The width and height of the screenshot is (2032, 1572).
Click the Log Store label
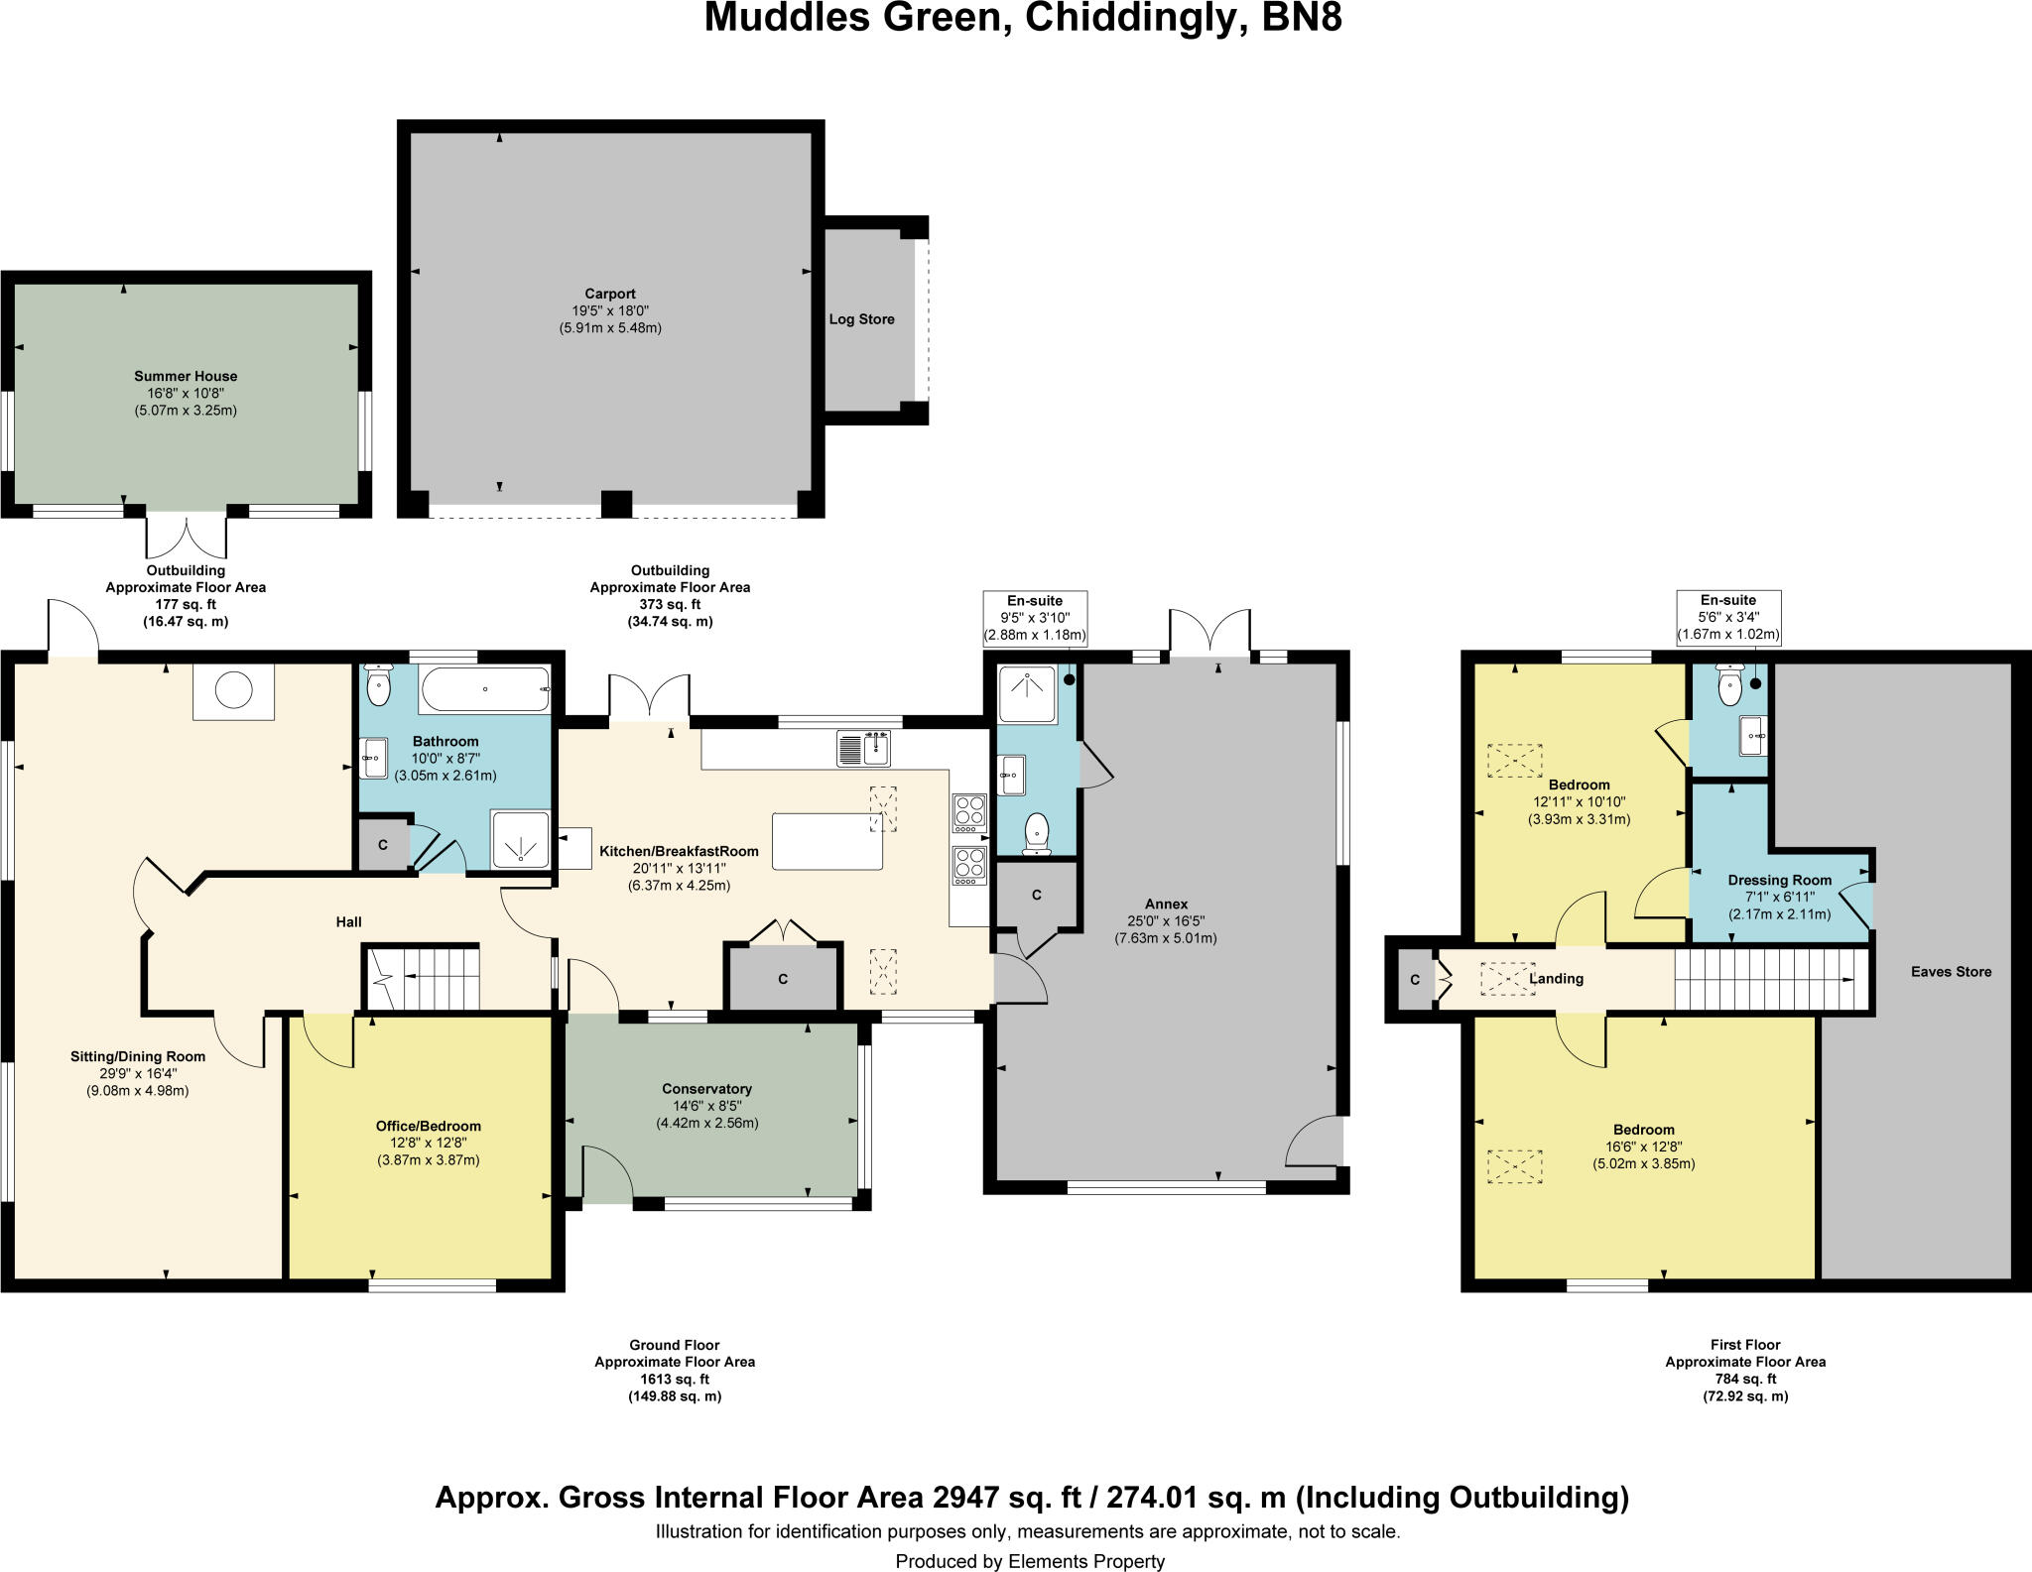point(861,319)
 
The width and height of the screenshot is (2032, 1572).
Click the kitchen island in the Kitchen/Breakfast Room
point(826,841)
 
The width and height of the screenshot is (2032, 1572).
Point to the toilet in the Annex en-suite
point(1037,833)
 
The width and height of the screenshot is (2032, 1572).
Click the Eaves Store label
point(1951,972)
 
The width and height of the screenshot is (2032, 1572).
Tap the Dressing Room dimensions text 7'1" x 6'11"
point(1779,897)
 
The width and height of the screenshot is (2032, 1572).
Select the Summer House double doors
point(187,536)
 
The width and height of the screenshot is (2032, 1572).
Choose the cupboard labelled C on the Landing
point(1415,980)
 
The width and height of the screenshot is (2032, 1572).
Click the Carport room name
point(609,294)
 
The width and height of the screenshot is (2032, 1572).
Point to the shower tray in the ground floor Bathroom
point(520,840)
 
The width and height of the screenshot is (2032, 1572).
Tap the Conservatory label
point(706,1089)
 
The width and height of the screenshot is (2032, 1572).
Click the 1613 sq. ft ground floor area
point(674,1379)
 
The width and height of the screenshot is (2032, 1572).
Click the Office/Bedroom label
point(428,1126)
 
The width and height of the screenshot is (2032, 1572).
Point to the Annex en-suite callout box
point(1034,618)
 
